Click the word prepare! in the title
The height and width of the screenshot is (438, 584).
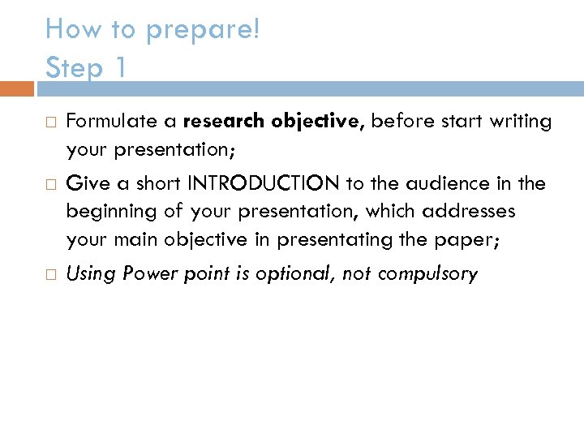pos(203,31)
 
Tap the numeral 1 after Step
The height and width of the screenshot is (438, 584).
pos(119,67)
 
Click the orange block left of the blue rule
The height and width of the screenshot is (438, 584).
pos(17,88)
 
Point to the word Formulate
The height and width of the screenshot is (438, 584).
pos(111,122)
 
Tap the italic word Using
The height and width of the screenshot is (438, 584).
pos(92,274)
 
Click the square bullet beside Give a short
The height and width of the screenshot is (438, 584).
pos(49,184)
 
